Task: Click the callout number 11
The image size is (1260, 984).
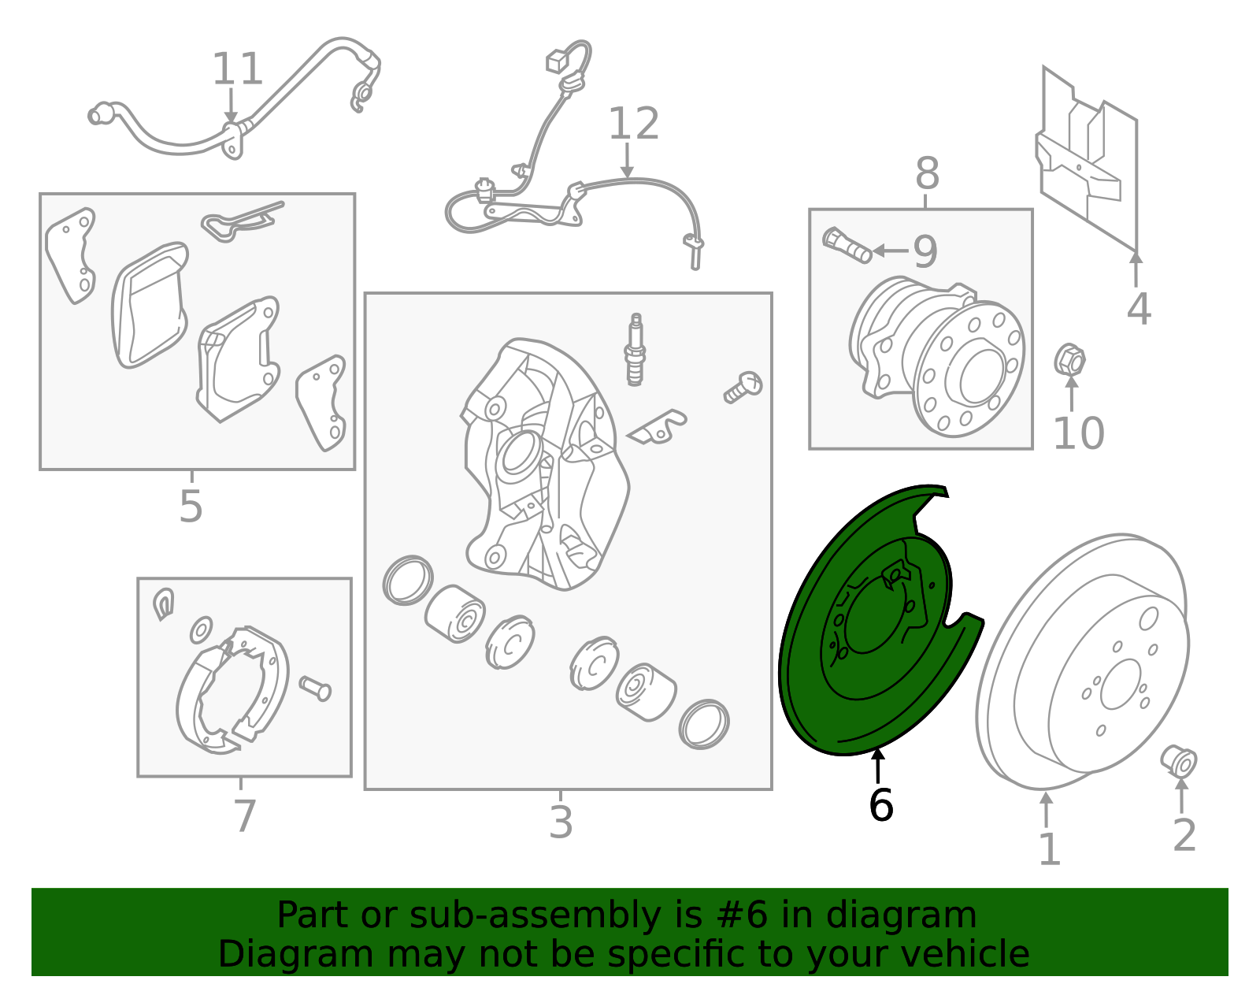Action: pos(238,69)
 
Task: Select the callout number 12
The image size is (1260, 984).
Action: pos(634,124)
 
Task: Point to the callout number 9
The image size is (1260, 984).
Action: pos(925,251)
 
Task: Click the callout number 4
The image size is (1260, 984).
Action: pos(1138,309)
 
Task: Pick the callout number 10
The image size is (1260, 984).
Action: pos(1079,433)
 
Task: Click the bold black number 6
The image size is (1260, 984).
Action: pos(880,805)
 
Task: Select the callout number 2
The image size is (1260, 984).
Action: pos(1184,835)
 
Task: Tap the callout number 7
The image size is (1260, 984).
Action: pos(244,816)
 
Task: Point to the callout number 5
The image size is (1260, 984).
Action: pos(191,506)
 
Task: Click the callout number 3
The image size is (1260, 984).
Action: pos(561,822)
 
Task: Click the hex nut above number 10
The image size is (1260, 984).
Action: pos(1069,359)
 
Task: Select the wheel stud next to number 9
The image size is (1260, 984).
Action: pos(847,245)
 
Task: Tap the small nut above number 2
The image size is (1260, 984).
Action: pos(1179,761)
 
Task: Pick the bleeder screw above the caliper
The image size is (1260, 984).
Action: pos(636,350)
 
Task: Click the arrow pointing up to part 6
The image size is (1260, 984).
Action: pos(878,766)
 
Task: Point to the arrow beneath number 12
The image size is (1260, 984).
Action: pos(627,160)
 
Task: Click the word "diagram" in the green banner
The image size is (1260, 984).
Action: pos(901,915)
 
